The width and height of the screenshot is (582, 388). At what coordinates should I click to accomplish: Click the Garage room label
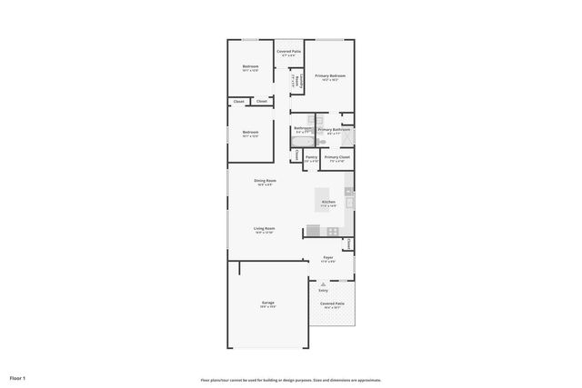click(x=268, y=303)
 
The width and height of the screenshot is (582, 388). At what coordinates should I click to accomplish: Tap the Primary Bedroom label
click(x=330, y=76)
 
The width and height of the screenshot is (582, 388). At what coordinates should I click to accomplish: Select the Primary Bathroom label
click(x=334, y=130)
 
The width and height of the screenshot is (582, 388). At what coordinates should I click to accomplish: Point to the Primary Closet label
click(x=336, y=157)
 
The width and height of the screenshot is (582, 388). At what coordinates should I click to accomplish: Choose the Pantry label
click(x=311, y=157)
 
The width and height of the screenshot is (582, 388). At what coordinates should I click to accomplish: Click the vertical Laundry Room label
click(x=294, y=81)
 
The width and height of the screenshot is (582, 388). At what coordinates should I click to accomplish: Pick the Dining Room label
click(x=265, y=181)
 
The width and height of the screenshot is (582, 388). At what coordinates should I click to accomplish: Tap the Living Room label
click(x=265, y=229)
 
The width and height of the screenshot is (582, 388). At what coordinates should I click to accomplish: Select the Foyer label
click(x=328, y=258)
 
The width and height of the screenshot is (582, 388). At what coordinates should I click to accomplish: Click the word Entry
click(x=323, y=290)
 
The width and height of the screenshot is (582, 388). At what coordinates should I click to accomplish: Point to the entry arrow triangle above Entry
click(x=323, y=283)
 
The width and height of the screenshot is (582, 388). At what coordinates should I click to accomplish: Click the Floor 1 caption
click(x=17, y=377)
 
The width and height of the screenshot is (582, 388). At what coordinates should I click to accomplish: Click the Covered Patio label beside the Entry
click(x=333, y=303)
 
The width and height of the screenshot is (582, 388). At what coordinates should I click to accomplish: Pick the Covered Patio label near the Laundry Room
click(x=289, y=53)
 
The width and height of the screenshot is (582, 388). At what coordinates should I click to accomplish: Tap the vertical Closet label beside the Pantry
click(x=296, y=155)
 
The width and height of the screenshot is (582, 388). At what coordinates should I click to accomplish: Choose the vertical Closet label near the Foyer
click(x=349, y=244)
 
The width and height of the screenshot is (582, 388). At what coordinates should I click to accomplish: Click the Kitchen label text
click(x=328, y=202)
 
